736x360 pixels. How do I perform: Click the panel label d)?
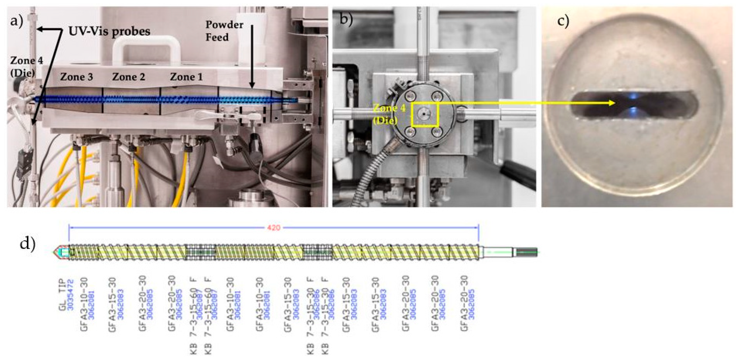[x=27, y=244]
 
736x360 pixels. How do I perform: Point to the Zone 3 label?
[x=76, y=77]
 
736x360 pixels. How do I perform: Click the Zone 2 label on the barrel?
[x=129, y=77]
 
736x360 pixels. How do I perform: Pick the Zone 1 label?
[x=186, y=77]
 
